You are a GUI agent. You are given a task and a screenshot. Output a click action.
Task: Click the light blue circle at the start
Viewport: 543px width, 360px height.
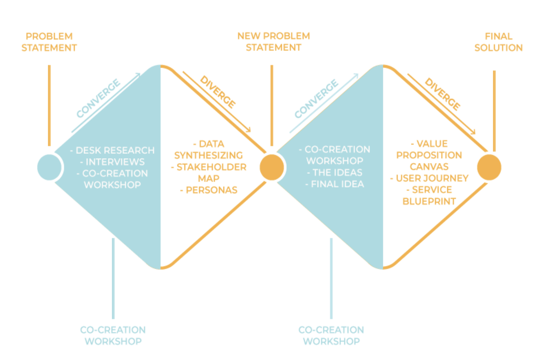(49, 167)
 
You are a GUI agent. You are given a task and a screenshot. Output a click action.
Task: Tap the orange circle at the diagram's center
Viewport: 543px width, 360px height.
(272, 167)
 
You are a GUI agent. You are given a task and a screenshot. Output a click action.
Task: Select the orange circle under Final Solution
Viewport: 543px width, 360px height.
(489, 167)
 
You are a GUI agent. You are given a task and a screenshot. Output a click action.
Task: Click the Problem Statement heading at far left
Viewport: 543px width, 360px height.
(49, 42)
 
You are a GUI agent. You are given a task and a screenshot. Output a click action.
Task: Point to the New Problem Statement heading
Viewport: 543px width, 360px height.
(273, 41)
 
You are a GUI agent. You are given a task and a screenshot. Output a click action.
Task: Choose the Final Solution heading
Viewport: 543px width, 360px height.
(498, 42)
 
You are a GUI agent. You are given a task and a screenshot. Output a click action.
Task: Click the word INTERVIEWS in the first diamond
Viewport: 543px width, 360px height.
(115, 162)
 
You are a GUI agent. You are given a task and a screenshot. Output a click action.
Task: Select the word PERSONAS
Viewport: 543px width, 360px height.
(211, 190)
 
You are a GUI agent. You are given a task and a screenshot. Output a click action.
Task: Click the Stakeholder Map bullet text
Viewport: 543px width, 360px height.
(209, 173)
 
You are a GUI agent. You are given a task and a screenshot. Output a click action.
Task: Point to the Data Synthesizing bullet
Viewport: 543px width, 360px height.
(209, 149)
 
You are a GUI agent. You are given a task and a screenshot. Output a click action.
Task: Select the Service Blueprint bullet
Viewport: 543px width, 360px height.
(429, 195)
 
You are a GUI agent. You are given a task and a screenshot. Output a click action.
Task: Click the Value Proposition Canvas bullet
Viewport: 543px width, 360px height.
(429, 155)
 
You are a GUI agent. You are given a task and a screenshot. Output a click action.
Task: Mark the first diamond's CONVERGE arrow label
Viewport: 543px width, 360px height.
(98, 98)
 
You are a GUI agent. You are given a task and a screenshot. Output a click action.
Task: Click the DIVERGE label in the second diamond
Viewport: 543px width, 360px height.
(443, 94)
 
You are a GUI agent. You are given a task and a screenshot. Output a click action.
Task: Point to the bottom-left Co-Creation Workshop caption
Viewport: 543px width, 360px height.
(113, 335)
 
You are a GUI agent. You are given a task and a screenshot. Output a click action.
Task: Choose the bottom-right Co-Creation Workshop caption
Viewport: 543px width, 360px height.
(331, 335)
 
